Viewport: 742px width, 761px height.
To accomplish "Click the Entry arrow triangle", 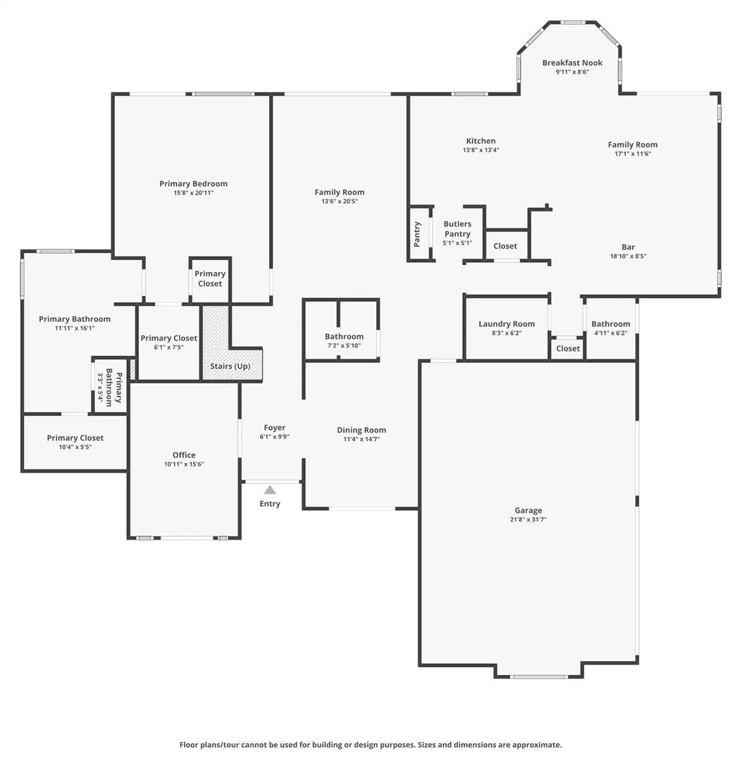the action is tap(270, 490).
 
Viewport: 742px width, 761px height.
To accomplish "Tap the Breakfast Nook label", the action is tap(572, 63).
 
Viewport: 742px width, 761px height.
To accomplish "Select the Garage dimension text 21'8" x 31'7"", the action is tap(528, 519).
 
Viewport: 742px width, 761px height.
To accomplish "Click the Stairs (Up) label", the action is tap(230, 366).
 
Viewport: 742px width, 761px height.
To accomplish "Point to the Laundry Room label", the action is tap(507, 323).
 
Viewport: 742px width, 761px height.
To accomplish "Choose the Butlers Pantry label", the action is tap(457, 228).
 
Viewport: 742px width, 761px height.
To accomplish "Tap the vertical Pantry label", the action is tap(417, 235).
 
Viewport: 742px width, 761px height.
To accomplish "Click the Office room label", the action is tap(184, 454).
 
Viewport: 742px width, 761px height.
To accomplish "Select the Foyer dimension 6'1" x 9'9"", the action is tap(274, 437).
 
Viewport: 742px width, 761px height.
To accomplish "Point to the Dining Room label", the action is tap(361, 430).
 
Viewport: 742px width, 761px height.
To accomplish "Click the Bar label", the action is tap(628, 247).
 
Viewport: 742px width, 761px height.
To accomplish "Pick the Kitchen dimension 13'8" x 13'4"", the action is tap(481, 150).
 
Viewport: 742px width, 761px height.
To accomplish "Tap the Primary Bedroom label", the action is tap(193, 183).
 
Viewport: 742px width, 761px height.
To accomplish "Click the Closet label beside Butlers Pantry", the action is tap(505, 246).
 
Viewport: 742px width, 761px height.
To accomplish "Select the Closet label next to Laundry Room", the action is tap(568, 349).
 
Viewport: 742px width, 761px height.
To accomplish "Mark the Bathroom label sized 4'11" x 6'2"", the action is tap(610, 323).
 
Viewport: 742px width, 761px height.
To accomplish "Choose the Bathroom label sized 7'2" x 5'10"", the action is tap(344, 336).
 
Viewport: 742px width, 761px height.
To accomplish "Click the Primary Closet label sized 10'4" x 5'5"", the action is tap(75, 438).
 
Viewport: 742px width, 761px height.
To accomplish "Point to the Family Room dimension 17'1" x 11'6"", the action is tap(632, 154).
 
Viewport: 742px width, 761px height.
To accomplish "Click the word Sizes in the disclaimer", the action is tap(427, 745).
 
